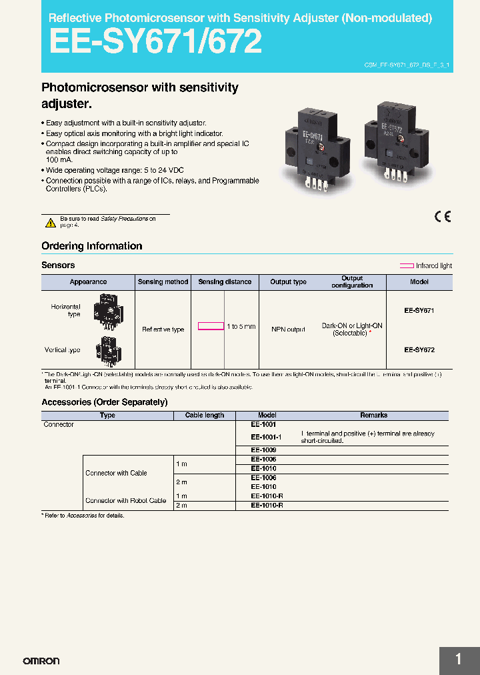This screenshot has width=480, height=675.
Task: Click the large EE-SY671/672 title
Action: [155, 42]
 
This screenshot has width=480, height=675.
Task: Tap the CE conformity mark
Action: [443, 217]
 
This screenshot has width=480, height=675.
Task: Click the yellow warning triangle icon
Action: [50, 222]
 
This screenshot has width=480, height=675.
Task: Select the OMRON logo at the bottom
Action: [41, 661]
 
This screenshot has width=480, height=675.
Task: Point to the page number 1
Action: [459, 660]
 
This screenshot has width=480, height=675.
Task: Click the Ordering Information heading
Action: [92, 246]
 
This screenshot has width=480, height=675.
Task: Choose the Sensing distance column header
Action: [225, 281]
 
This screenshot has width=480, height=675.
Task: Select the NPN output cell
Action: [288, 329]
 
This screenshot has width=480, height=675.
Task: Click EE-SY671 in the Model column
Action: [419, 311]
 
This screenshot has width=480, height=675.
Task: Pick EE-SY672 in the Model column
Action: [419, 350]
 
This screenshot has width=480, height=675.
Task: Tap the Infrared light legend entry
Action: [426, 265]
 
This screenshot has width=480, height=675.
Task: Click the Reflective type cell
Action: [163, 329]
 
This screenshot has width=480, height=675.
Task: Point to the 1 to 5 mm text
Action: [241, 326]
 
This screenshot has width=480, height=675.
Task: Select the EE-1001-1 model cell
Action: [266, 437]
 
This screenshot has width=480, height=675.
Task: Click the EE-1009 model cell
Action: [263, 450]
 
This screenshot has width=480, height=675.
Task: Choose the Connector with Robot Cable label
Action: [126, 500]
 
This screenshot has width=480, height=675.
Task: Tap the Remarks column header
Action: [373, 415]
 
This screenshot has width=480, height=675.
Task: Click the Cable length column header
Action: [205, 415]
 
